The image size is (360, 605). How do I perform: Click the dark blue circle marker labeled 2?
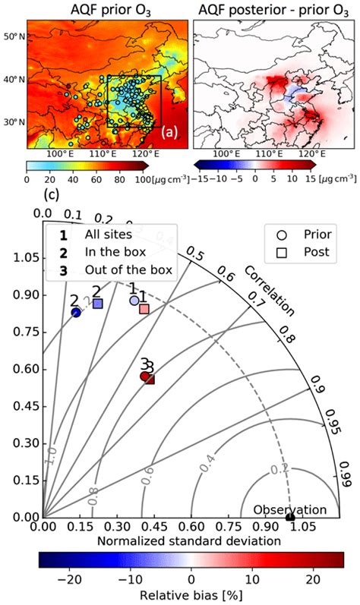coord(76,313)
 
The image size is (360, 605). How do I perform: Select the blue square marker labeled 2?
coord(97,303)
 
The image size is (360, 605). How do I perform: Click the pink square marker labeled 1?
coord(144,309)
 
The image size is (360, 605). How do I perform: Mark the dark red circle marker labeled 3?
coord(144,376)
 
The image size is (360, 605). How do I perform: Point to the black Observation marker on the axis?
coord(290,518)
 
